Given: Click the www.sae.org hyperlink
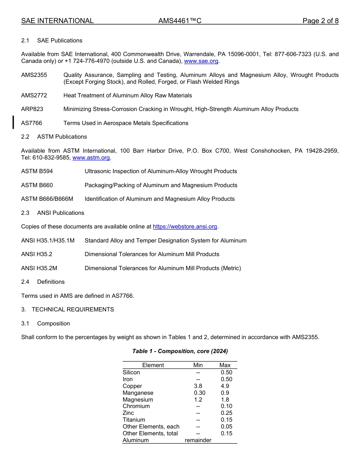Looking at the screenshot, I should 201,61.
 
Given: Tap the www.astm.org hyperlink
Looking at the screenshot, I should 91,158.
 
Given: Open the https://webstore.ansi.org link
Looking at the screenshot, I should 185,227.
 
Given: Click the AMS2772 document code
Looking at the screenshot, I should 34,95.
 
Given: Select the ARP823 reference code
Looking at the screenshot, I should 32,109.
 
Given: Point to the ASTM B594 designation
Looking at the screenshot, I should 37,171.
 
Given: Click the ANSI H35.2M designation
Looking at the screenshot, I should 39,268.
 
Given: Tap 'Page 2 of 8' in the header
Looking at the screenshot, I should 320,21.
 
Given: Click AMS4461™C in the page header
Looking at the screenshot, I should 180,21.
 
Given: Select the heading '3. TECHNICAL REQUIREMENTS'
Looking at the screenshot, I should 67,310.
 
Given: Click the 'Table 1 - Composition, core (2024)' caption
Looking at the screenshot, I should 180,351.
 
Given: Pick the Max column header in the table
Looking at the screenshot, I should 225,365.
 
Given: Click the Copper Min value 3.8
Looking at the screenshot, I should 198,386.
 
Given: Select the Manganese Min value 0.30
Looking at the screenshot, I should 199,393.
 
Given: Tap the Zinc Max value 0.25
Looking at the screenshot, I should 226,413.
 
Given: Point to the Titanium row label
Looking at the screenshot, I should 134,420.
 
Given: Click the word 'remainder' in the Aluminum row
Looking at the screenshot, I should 198,440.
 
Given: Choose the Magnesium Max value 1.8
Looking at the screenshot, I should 225,400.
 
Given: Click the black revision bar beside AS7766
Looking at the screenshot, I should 14,122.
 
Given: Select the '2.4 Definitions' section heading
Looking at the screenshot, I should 43,282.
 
